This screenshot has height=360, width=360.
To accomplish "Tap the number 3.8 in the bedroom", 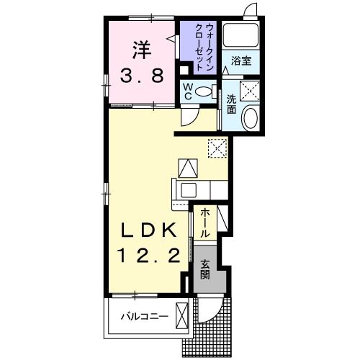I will tap(140, 75).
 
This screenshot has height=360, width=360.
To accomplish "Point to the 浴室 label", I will tap(241, 61).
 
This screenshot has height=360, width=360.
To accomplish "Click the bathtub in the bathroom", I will tap(241, 35).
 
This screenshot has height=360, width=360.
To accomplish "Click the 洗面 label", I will tap(233, 105).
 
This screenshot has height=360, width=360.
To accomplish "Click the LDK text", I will tap(148, 230).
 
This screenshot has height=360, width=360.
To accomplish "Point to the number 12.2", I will tap(148, 256).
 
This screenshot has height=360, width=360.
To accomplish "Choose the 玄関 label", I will tap(204, 269).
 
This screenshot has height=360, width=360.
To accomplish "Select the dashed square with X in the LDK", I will tap(216, 148).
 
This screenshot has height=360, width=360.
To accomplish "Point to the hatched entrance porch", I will tap(223, 320).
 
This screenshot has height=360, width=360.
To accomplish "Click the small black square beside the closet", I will tap(184, 70).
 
